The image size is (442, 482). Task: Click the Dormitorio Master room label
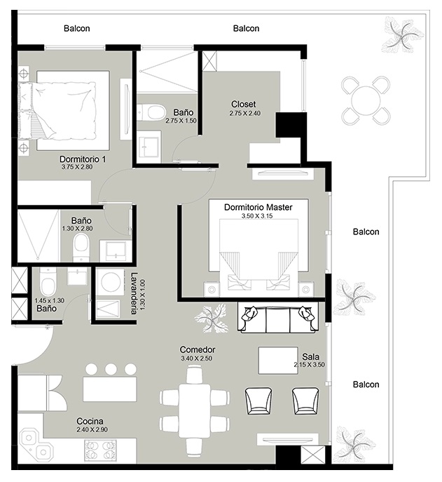point(258,207)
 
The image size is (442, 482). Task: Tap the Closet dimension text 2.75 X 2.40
point(245,113)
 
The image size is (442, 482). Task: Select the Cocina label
point(90,421)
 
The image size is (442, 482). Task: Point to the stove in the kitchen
point(100,450)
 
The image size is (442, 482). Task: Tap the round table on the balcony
point(366,100)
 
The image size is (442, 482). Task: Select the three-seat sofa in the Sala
point(278,319)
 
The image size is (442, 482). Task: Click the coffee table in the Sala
point(278,360)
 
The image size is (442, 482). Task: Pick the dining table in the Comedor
point(195,410)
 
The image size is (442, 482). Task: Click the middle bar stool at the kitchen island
point(111,369)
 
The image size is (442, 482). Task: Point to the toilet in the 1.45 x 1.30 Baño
point(48,282)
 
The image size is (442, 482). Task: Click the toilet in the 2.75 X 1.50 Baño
point(151,112)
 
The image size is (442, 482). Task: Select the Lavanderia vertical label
point(134,293)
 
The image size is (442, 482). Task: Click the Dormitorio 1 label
point(83,159)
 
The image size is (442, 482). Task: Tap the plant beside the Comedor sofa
point(212,319)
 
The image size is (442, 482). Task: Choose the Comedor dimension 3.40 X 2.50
point(196,358)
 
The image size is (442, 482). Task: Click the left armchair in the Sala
point(258,401)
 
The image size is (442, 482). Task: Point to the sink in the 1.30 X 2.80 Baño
point(113,250)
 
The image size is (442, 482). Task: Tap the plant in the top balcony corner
point(402,34)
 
